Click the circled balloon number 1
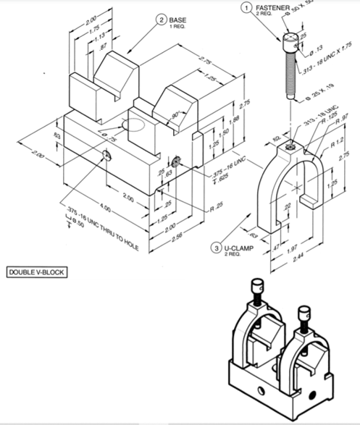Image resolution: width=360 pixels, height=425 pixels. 247,7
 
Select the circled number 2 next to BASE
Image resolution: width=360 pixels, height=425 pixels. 160,20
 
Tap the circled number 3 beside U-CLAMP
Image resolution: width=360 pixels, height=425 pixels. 215,248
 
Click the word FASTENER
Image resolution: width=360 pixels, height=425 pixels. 273,7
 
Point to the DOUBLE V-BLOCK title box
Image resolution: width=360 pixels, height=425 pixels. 34,272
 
